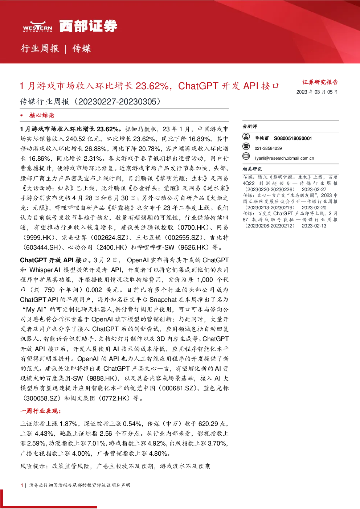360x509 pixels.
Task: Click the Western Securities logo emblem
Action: tap(37, 26)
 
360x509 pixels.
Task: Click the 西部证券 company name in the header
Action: tap(88, 26)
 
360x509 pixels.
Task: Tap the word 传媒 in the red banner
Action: tap(82, 48)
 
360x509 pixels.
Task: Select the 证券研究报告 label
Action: tap(320, 82)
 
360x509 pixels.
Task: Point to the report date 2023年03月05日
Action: tap(317, 92)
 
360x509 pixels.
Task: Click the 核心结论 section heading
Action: tap(42, 115)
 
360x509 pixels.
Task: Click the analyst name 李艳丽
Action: tap(262, 138)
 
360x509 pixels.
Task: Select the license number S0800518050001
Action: tap(293, 138)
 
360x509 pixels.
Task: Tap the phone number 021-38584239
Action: tap(268, 148)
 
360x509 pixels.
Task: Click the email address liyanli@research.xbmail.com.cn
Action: tap(284, 158)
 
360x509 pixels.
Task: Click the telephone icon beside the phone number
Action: tap(246, 146)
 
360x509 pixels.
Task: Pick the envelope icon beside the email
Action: tap(246, 156)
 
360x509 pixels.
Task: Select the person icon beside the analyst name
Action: tap(246, 136)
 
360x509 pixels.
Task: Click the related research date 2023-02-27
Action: tap(314, 189)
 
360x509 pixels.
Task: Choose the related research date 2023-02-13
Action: tap(314, 226)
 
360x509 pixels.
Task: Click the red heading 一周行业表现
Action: tap(40, 411)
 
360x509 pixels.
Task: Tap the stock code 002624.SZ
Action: tap(110, 238)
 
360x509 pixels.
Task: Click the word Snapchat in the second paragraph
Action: tap(163, 300)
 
